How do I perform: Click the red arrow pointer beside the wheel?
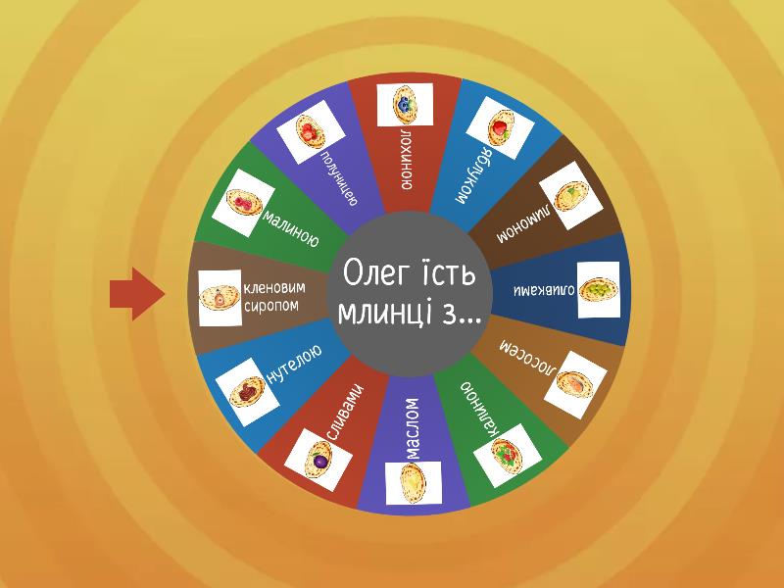pyautogui.click(x=134, y=295)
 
